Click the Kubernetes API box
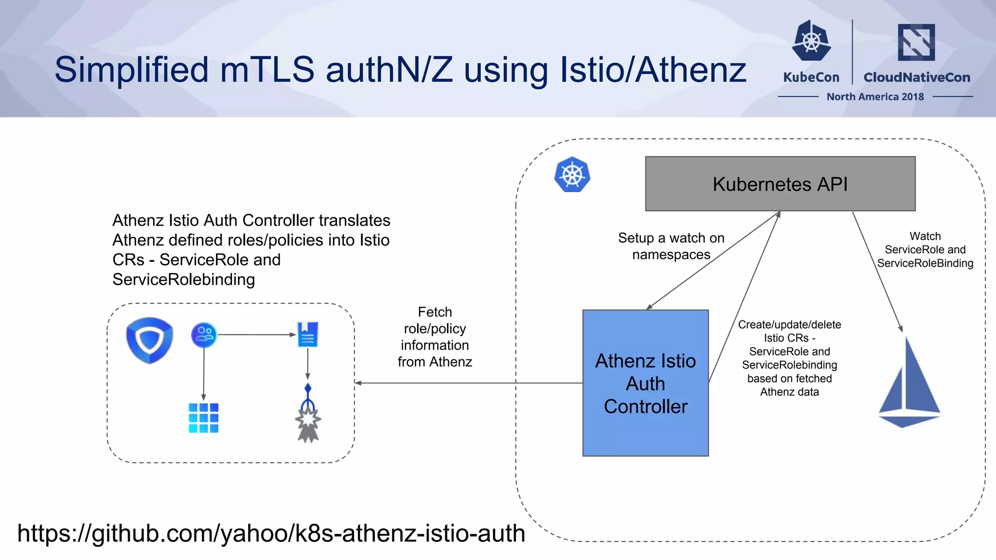(780, 184)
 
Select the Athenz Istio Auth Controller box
(645, 383)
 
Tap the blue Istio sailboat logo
(908, 384)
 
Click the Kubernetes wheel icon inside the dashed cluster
(572, 175)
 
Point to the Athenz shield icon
(149, 340)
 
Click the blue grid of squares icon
(203, 418)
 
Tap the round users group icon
(204, 334)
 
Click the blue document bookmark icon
(307, 334)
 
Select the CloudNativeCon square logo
(916, 42)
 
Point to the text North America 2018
(875, 97)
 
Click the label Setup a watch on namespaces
(671, 246)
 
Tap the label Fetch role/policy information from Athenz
(435, 337)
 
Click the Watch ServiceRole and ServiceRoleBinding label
(925, 250)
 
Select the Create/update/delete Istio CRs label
(789, 358)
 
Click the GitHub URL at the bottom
(271, 533)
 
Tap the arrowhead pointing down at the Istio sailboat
(900, 329)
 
